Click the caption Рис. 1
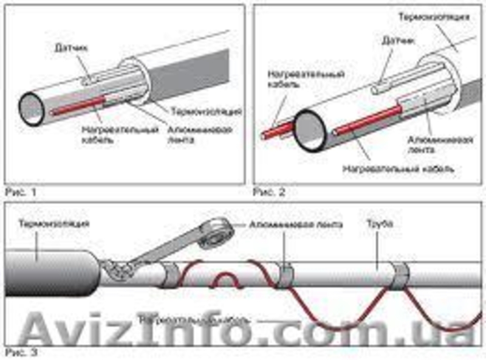coord(20,192)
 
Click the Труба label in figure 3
coord(380,224)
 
